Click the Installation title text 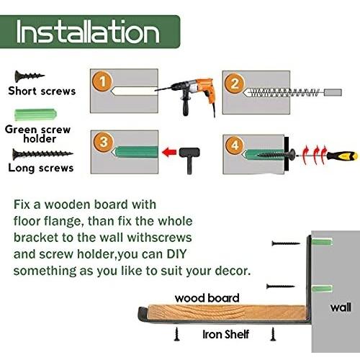pos(88,32)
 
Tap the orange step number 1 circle pos(102,81)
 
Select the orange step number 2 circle pos(235,84)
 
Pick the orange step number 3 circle pos(104,142)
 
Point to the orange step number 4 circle pos(235,145)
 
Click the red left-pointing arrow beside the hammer pos(169,152)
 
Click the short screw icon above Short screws pos(30,76)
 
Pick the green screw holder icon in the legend pos(35,114)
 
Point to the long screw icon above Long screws pos(42,154)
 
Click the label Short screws pos(42,91)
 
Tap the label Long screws pos(41,168)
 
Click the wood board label pos(207,298)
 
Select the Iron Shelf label pos(225,334)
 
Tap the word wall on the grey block pos(341,307)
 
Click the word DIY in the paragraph pos(176,254)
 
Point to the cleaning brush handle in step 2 pos(333,92)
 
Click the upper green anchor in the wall pos(322,242)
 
